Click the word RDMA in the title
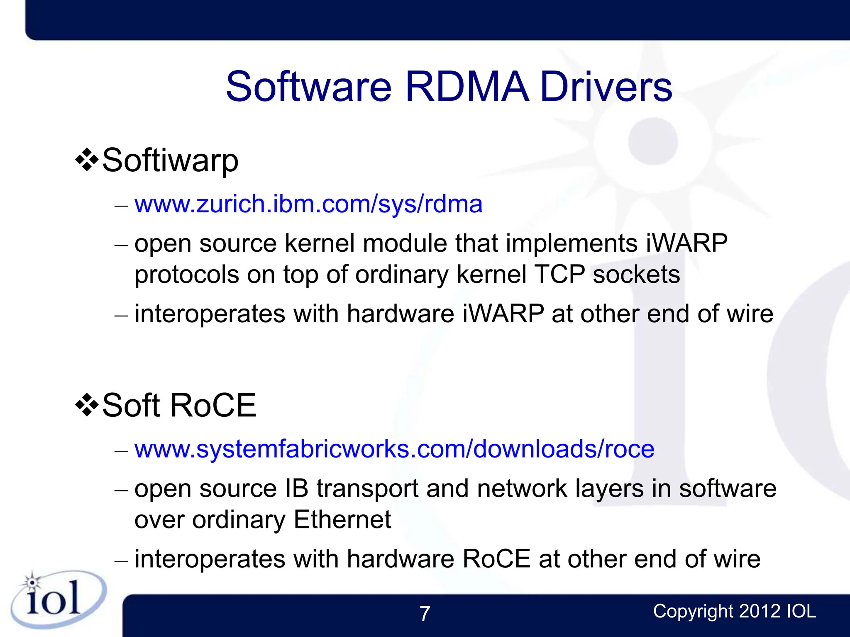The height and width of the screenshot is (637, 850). click(467, 86)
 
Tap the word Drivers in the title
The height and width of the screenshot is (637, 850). click(606, 86)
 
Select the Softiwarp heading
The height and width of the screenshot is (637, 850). click(170, 161)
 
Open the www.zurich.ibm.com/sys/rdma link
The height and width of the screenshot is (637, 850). click(308, 204)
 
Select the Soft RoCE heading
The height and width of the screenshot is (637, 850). click(179, 406)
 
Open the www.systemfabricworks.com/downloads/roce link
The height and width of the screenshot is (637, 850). click(394, 449)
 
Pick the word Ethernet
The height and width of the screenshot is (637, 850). click(342, 520)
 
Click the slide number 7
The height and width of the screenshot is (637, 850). click(425, 614)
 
